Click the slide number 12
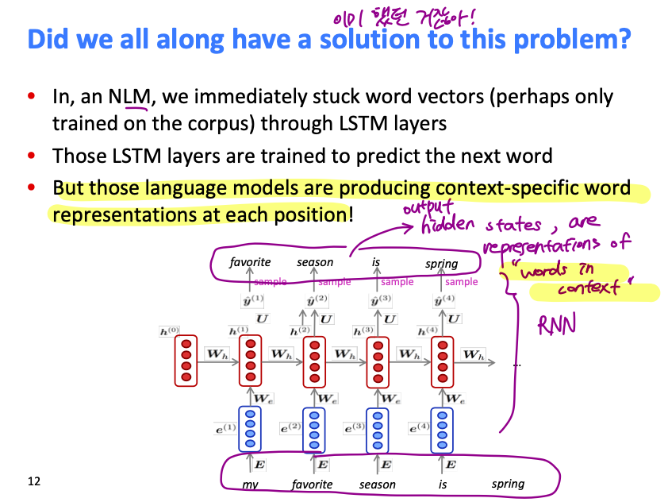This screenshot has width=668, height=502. [33, 481]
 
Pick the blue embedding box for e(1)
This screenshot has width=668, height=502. [251, 428]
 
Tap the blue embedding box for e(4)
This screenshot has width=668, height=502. [442, 428]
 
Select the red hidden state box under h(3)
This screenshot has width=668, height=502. [378, 362]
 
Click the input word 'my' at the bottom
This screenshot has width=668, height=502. [251, 484]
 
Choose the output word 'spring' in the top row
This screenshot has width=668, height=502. [442, 263]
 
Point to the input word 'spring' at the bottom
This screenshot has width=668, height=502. [508, 484]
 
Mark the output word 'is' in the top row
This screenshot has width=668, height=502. [375, 262]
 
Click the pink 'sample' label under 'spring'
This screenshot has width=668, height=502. [462, 282]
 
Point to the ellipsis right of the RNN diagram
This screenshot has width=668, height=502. [517, 365]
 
